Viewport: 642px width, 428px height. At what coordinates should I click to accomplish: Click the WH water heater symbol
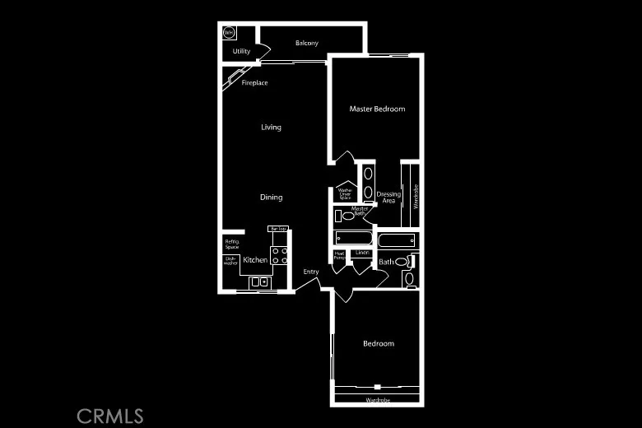[x=229, y=33]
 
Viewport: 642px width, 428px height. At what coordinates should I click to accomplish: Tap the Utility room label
[x=241, y=51]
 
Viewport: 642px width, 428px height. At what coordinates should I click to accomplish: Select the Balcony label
[x=307, y=43]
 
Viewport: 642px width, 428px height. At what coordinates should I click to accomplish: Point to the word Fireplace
[x=254, y=82]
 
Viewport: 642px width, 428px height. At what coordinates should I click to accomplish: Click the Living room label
[x=271, y=127]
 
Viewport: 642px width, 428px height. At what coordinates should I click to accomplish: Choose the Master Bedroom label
[x=377, y=109]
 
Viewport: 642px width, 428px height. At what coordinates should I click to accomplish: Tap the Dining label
[x=271, y=197]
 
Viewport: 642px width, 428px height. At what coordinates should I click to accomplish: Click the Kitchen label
[x=255, y=260]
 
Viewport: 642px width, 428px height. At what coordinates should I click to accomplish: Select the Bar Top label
[x=277, y=229]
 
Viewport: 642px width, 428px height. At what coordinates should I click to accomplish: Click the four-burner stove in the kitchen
[x=280, y=255]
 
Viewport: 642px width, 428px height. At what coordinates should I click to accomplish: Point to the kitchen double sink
[x=259, y=281]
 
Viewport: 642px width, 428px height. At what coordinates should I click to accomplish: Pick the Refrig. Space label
[x=231, y=244]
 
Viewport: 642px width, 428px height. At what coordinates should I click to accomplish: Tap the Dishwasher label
[x=230, y=260]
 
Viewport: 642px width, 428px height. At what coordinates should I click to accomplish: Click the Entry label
[x=311, y=272]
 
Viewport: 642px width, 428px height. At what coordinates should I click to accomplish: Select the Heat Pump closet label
[x=339, y=255]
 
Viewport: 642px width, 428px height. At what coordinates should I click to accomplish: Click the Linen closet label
[x=361, y=253]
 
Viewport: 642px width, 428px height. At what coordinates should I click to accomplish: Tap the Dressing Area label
[x=388, y=198]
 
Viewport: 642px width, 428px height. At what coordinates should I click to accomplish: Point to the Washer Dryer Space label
[x=345, y=194]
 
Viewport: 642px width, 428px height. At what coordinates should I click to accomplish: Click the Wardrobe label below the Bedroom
[x=378, y=400]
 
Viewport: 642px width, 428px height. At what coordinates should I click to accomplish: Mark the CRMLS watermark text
[x=110, y=416]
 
